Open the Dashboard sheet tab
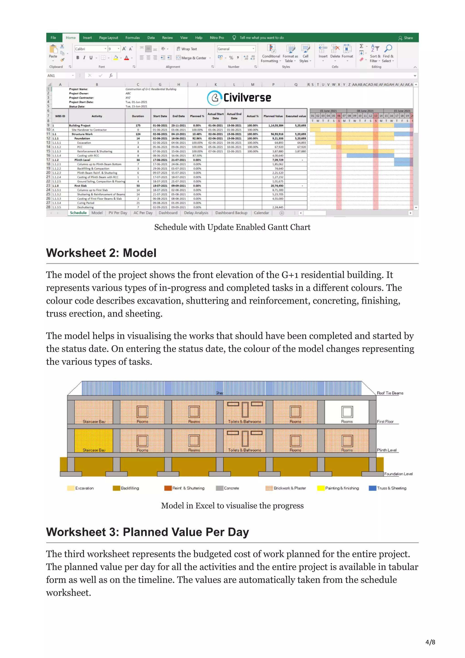coord(168,213)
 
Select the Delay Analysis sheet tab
coord(196,213)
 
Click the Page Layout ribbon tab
coord(108,37)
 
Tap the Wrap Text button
coord(186,49)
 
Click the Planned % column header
coord(197,116)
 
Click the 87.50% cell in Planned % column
coord(197,156)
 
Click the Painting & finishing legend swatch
coord(321,488)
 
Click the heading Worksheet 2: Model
coord(101,253)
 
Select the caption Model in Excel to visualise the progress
coord(232,506)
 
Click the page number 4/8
coord(430,642)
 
